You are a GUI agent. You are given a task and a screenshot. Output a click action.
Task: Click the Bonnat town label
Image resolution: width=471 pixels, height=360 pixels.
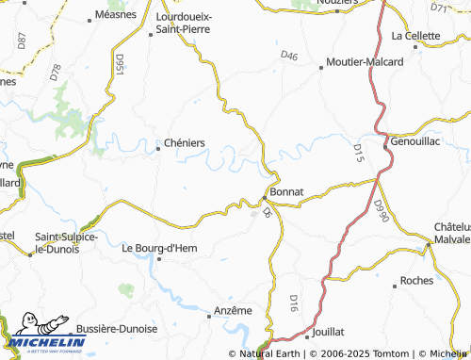pyautogui.click(x=286, y=191)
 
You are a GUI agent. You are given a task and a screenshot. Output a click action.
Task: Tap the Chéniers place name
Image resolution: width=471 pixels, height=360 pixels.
pyautogui.click(x=185, y=143)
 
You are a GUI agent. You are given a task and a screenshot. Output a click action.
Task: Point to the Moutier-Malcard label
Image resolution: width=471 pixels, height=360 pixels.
pyautogui.click(x=365, y=62)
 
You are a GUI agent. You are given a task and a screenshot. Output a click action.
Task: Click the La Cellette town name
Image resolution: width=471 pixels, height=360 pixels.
pyautogui.click(x=415, y=36)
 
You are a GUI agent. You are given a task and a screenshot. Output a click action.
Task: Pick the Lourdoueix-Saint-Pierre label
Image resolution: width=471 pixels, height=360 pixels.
pyautogui.click(x=196, y=24)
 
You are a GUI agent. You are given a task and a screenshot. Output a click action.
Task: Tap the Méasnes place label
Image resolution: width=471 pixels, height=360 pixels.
pyautogui.click(x=118, y=15)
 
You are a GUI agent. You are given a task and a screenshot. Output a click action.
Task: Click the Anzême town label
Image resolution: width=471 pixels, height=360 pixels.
pyautogui.click(x=233, y=310)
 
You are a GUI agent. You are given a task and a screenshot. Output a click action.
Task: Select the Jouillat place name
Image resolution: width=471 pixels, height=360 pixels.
pyautogui.click(x=329, y=332)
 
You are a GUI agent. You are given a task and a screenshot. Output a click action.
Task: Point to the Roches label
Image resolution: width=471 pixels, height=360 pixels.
pyautogui.click(x=416, y=281)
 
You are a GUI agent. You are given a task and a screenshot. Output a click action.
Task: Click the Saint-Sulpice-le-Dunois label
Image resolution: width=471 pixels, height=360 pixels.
pyautogui.click(x=66, y=242)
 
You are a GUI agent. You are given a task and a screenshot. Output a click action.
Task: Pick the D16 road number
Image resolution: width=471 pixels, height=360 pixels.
pyautogui.click(x=293, y=303)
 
